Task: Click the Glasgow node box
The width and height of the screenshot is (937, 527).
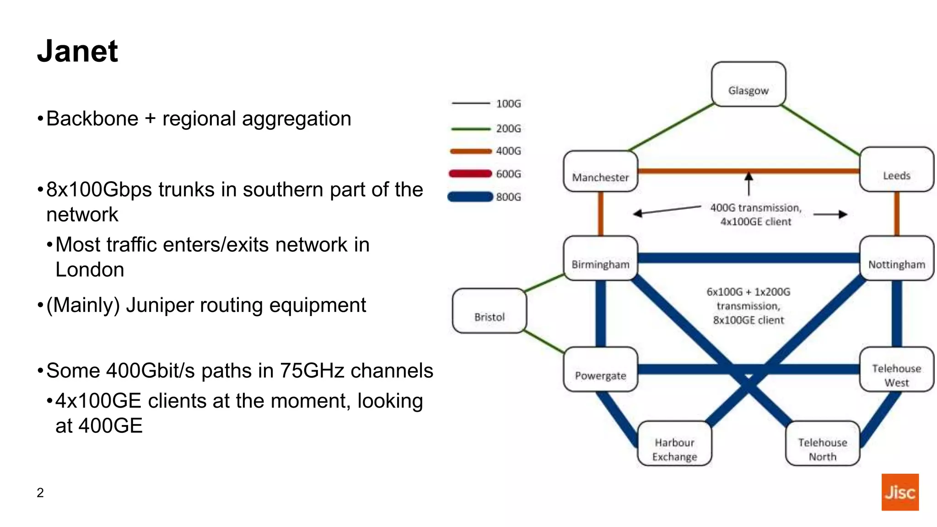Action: [749, 84]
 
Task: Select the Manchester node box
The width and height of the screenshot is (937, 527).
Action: [600, 172]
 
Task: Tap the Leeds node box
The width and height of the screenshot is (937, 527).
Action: [896, 169]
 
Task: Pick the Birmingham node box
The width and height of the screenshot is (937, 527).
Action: [600, 258]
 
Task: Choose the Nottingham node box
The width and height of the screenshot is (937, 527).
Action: [896, 258]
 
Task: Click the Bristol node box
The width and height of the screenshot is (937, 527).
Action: [489, 311]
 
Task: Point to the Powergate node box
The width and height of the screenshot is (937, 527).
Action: [600, 370]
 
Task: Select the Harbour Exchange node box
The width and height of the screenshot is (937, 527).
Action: [674, 443]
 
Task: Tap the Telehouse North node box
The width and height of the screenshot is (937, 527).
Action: [822, 443]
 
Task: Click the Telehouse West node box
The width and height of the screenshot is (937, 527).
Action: [896, 370]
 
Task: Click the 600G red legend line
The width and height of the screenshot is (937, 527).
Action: [470, 174]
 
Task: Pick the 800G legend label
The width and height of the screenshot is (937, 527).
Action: [508, 197]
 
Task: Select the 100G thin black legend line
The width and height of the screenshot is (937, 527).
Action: [470, 103]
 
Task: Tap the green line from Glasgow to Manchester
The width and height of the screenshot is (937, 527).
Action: [671, 128]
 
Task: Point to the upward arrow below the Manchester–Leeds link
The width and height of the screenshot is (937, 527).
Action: [749, 183]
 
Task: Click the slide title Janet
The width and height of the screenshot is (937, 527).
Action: [77, 51]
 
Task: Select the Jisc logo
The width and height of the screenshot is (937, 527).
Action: [899, 492]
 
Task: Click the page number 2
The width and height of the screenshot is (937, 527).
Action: [40, 493]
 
